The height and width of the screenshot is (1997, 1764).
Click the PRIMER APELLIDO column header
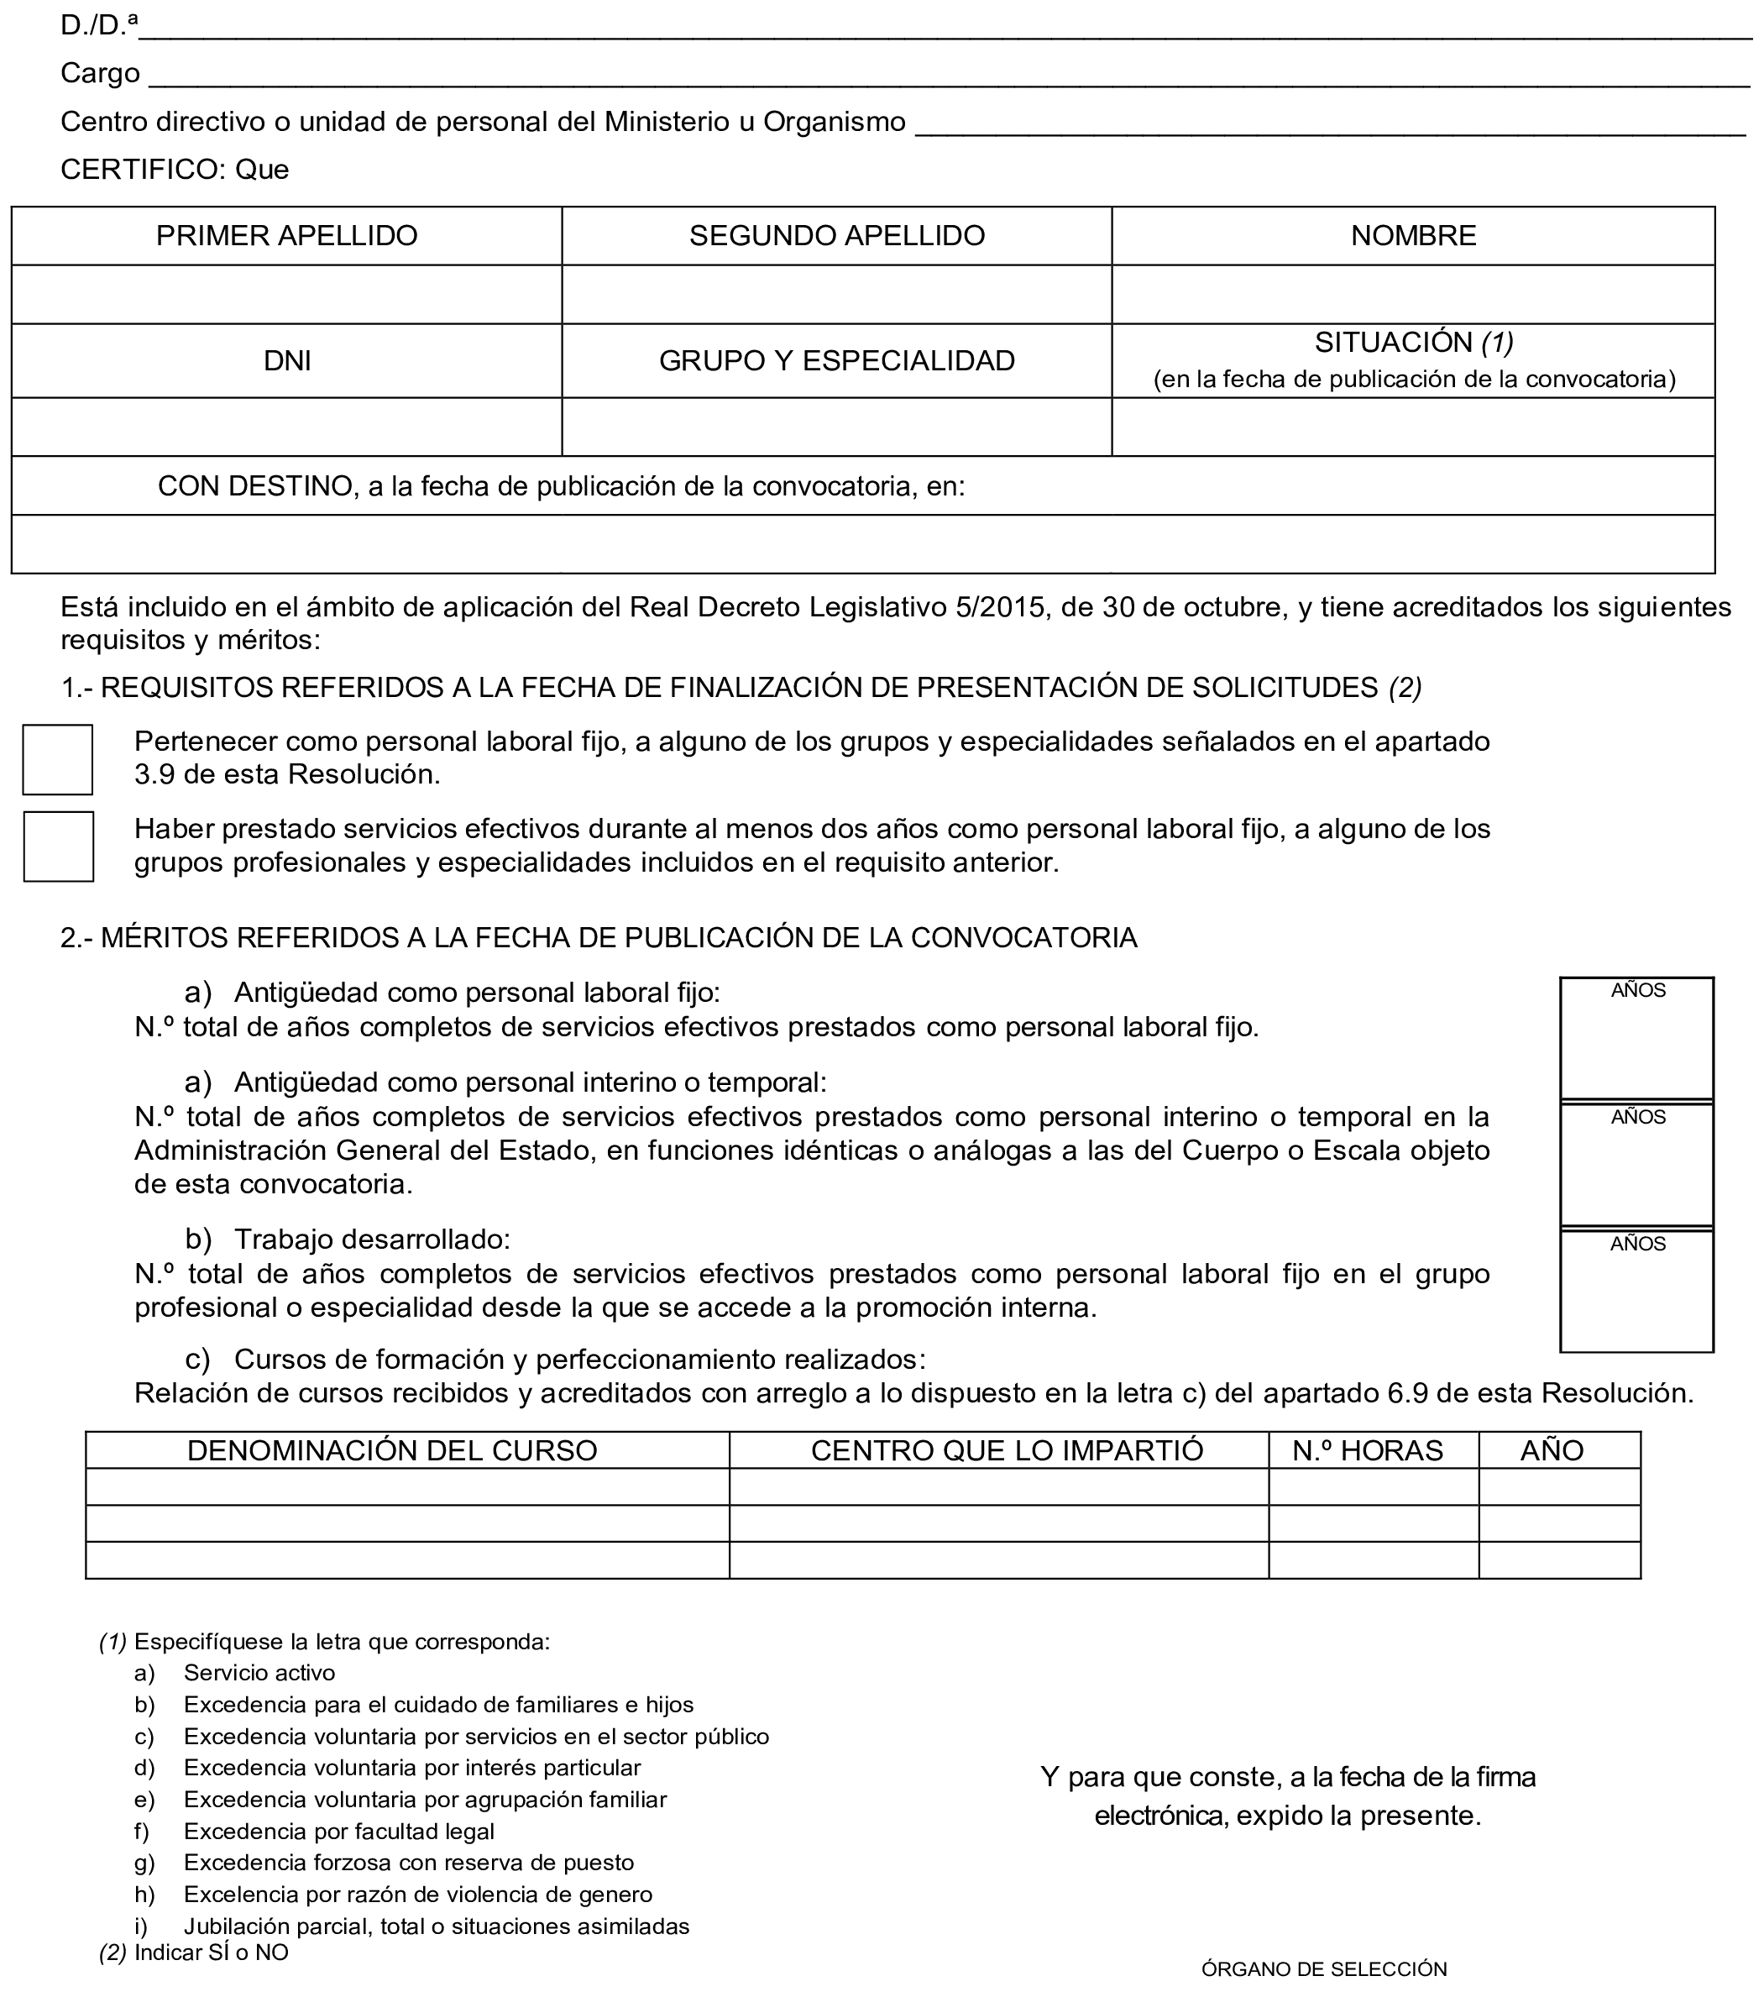(x=286, y=235)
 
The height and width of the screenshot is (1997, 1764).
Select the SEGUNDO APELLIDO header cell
(x=836, y=235)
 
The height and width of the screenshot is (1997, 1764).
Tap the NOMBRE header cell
(x=1412, y=235)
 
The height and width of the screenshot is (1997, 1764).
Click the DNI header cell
(x=286, y=360)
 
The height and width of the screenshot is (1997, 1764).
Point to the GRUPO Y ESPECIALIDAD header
(x=836, y=360)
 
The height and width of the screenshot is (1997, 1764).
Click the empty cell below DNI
(x=286, y=427)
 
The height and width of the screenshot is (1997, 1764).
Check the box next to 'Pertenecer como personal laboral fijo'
(x=58, y=759)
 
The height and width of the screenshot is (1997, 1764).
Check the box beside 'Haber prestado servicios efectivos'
(x=59, y=846)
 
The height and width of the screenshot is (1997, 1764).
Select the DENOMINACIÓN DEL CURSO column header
(x=392, y=1449)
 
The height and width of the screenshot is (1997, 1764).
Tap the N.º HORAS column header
(x=1367, y=1449)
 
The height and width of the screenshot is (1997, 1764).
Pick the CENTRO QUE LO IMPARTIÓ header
(x=1006, y=1449)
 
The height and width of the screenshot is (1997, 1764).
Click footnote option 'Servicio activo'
(x=259, y=1673)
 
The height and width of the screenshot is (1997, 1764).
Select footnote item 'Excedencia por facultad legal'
(x=339, y=1831)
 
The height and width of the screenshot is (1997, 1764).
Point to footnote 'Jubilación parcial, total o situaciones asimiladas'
(x=437, y=1926)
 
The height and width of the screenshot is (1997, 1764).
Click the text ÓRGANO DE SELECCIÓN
(x=1323, y=1968)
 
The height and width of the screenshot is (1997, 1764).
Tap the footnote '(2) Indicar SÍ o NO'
(x=193, y=1952)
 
